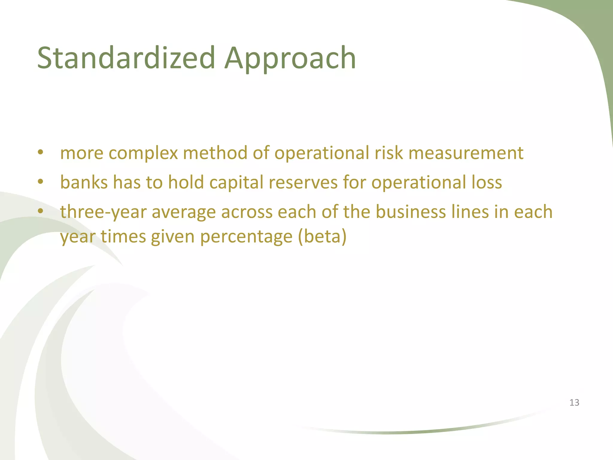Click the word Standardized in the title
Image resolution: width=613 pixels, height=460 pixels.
tap(126, 57)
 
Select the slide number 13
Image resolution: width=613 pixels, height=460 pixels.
tap(574, 402)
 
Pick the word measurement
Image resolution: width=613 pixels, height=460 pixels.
tap(466, 153)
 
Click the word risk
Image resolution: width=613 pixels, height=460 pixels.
tap(389, 153)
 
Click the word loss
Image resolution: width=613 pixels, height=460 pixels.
tap(487, 182)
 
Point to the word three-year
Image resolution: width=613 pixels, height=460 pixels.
tap(103, 212)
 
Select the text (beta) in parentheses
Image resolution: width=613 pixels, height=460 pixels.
tap(322, 237)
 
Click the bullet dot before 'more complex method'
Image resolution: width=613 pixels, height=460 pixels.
tap(41, 152)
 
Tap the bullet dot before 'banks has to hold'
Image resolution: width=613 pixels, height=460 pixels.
tap(41, 181)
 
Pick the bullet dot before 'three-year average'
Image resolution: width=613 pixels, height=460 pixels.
tap(41, 211)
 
